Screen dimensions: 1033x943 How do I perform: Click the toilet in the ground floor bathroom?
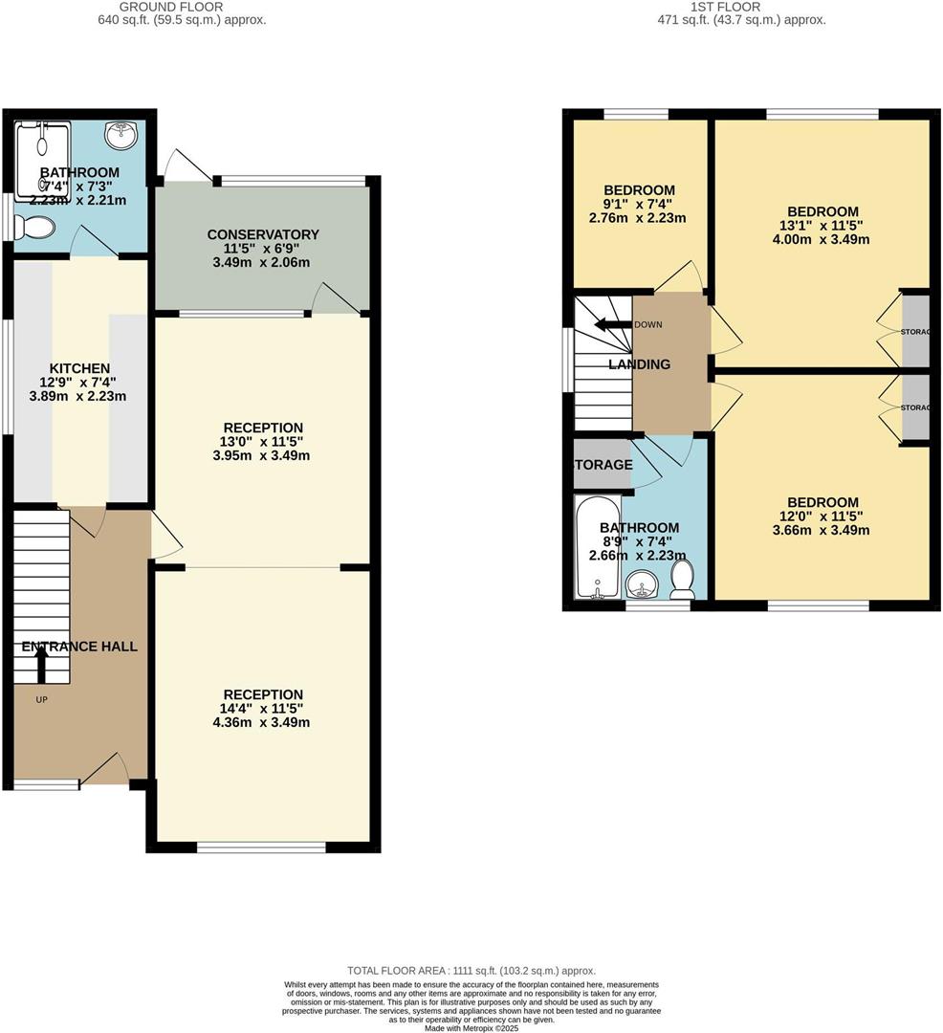tap(35, 228)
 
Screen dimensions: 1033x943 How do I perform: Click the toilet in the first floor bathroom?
tap(682, 580)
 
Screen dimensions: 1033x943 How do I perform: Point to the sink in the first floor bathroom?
tap(640, 583)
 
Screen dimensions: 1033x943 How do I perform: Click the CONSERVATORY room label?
tap(263, 234)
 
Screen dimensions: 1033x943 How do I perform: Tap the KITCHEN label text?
tap(79, 368)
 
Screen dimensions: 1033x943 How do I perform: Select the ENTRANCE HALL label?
tap(78, 647)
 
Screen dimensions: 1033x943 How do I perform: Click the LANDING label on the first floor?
tap(640, 364)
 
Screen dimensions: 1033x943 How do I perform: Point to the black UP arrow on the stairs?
tap(41, 664)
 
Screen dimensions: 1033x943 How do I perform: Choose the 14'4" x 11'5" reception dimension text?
tap(263, 709)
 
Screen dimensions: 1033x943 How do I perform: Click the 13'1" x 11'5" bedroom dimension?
tap(822, 226)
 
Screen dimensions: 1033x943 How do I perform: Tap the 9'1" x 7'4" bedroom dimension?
tap(639, 204)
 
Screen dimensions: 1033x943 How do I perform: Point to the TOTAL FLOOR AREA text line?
tap(471, 970)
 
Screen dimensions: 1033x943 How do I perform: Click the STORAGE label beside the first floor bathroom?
tap(603, 465)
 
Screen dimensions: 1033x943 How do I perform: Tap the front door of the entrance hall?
tap(105, 770)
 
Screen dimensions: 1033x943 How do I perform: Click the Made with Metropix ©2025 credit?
tap(471, 1027)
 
